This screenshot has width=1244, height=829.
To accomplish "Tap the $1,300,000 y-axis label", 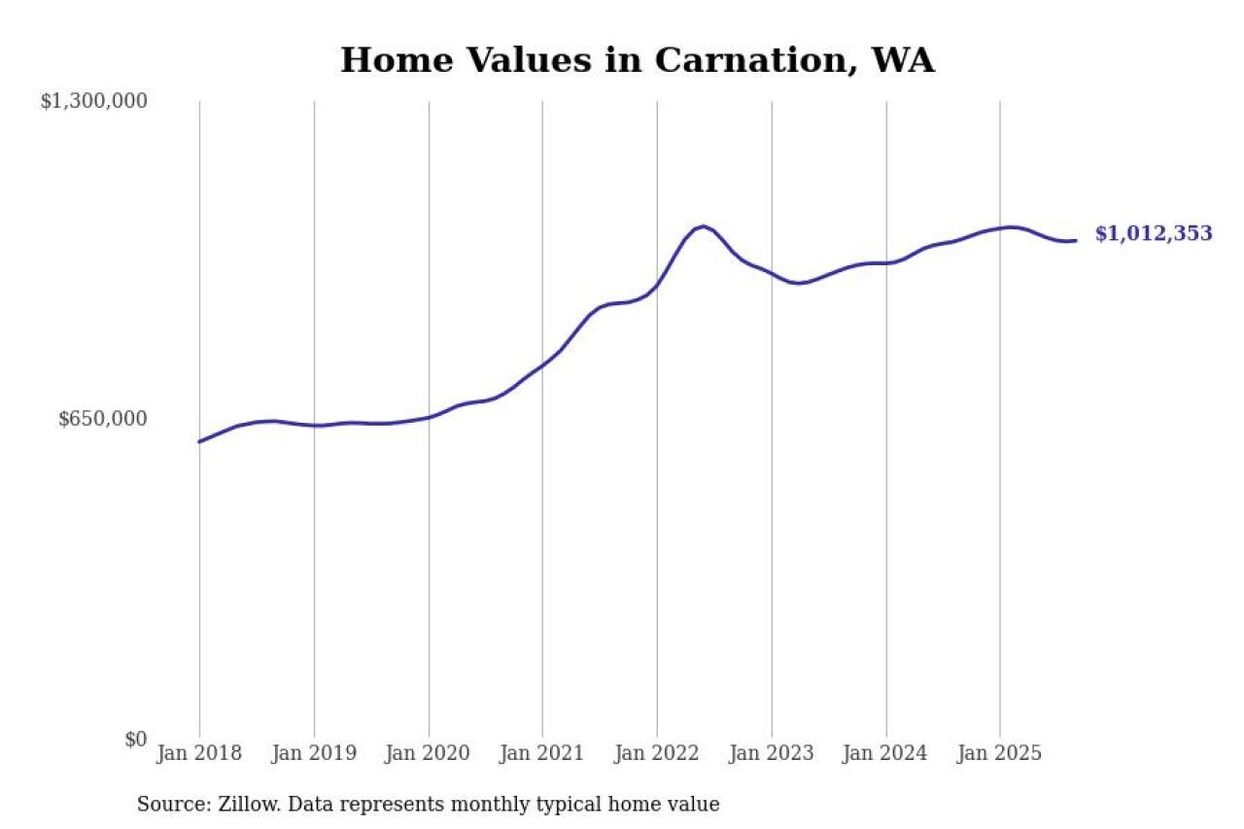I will coord(93,101).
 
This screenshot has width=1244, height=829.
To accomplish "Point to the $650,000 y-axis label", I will coord(102,419).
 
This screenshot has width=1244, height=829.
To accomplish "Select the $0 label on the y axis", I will coord(135,740).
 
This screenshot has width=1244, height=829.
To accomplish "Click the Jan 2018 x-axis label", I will coord(200,754).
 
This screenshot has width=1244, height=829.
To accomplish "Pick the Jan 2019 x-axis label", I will coord(314,754).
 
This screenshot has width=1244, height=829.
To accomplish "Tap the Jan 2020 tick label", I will coord(429,754).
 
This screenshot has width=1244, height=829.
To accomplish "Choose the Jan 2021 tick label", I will coord(542,754).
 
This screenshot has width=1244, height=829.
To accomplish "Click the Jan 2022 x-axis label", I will coord(657,754).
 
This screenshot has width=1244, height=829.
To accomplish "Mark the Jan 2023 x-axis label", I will coord(772,754).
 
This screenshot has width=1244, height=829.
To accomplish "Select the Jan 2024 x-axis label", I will coord(886,754).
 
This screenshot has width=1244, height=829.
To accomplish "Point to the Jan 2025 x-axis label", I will coord(1000,754).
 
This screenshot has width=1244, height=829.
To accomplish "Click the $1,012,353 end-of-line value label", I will coord(1154,234).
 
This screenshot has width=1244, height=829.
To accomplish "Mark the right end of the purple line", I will coord(1075,240).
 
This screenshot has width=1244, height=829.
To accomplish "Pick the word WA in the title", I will coord(903,60).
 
